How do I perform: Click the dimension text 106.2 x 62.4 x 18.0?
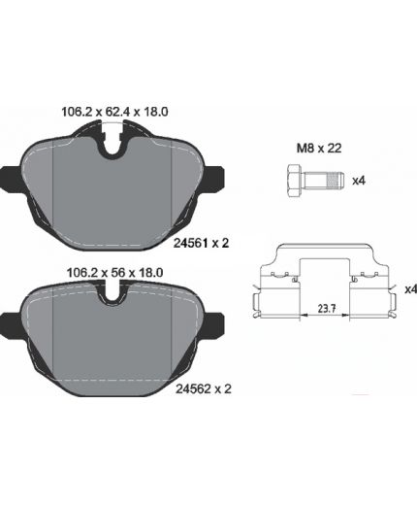[114, 112]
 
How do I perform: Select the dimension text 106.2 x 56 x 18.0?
[114, 273]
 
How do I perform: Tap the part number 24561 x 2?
[201, 243]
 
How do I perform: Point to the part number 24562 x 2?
[204, 388]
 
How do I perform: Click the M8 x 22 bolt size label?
[319, 149]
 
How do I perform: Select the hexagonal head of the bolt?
[295, 181]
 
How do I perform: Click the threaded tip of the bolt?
[335, 181]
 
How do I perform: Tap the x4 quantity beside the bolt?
[359, 181]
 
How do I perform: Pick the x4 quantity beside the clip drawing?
[411, 289]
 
